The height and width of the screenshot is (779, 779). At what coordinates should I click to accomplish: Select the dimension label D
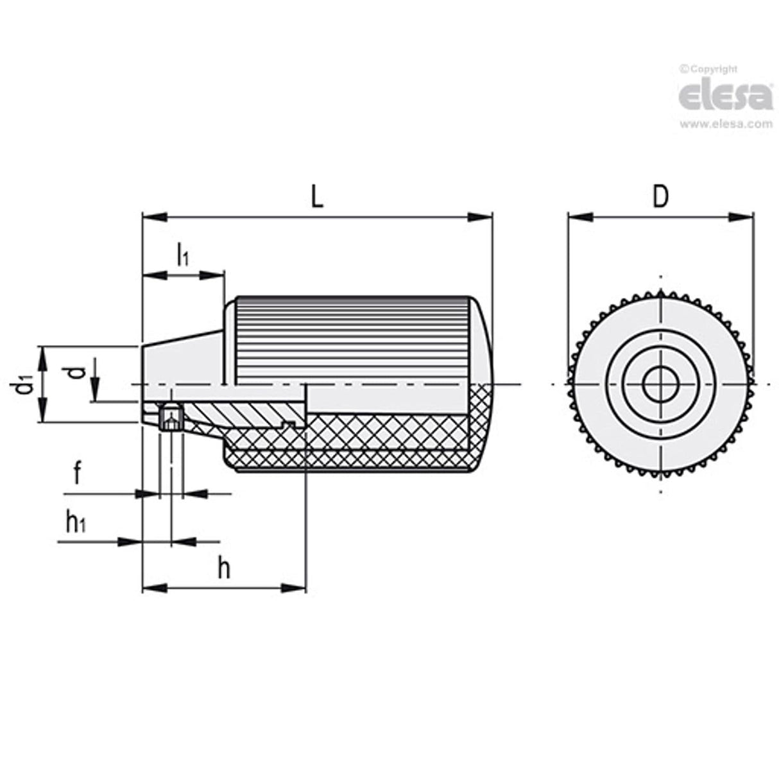pos(660,197)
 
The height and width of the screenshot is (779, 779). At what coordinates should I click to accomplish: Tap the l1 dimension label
pos(182,255)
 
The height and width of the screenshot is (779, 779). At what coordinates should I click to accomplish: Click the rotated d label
pos(76,372)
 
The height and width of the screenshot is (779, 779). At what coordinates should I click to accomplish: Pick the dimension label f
pos(77,475)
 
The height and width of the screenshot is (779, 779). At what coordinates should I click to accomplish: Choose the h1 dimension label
pos(76,522)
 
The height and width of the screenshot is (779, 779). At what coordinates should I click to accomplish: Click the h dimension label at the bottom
pos(223,568)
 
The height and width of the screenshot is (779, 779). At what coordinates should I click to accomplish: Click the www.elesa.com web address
pos(726,124)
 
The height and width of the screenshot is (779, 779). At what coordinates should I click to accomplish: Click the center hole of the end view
pos(660,385)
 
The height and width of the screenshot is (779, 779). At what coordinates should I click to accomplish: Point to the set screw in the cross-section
pos(171,419)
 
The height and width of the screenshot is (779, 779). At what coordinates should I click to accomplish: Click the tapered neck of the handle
pos(183,359)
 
